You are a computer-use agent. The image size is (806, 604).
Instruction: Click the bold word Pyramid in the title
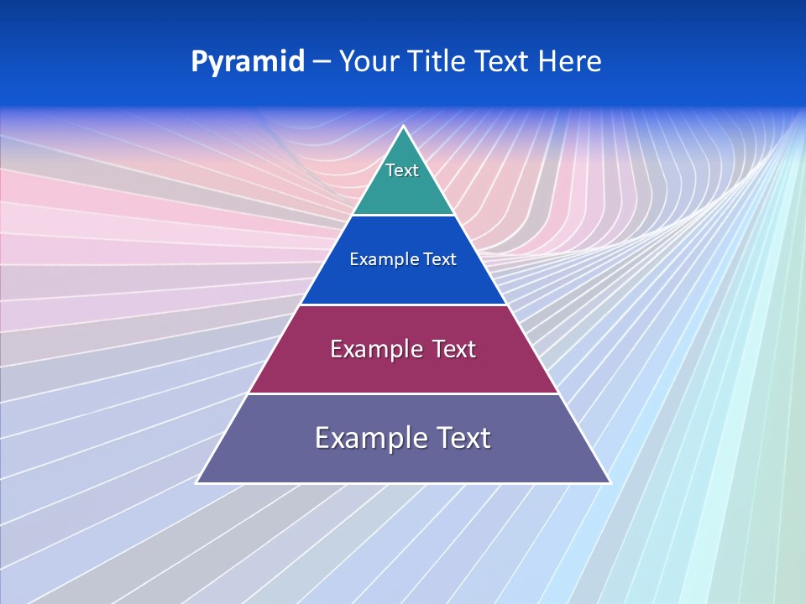click(x=248, y=62)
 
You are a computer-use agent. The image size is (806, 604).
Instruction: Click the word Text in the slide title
click(x=505, y=62)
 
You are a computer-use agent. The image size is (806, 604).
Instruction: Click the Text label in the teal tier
click(x=402, y=170)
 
